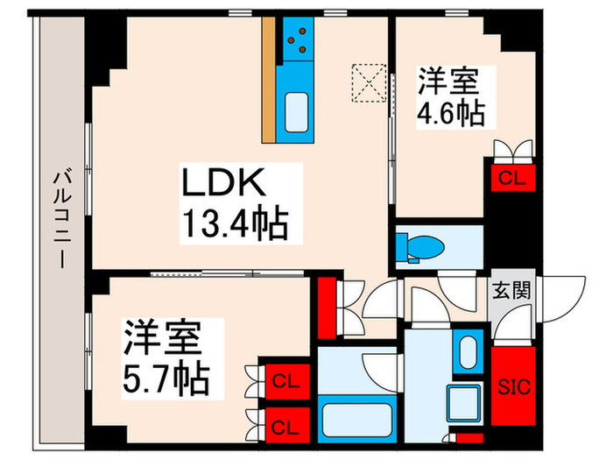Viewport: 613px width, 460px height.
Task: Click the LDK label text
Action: pos(222,184)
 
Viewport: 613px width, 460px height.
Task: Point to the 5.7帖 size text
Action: pos(166,379)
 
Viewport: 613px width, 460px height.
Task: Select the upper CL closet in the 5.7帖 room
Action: pos(283,380)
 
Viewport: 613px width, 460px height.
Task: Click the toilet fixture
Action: pos(416,246)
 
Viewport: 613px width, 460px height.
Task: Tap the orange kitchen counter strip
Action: pos(269,79)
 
